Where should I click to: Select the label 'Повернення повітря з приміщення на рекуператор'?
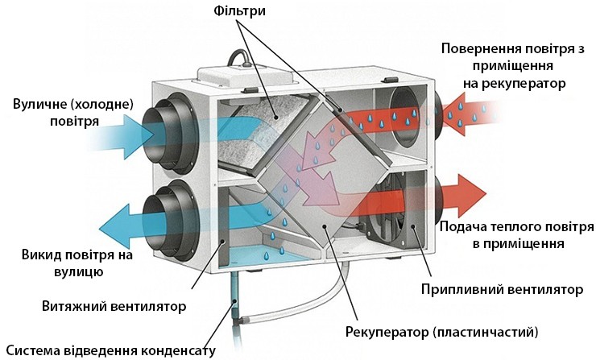pos(511,65)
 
